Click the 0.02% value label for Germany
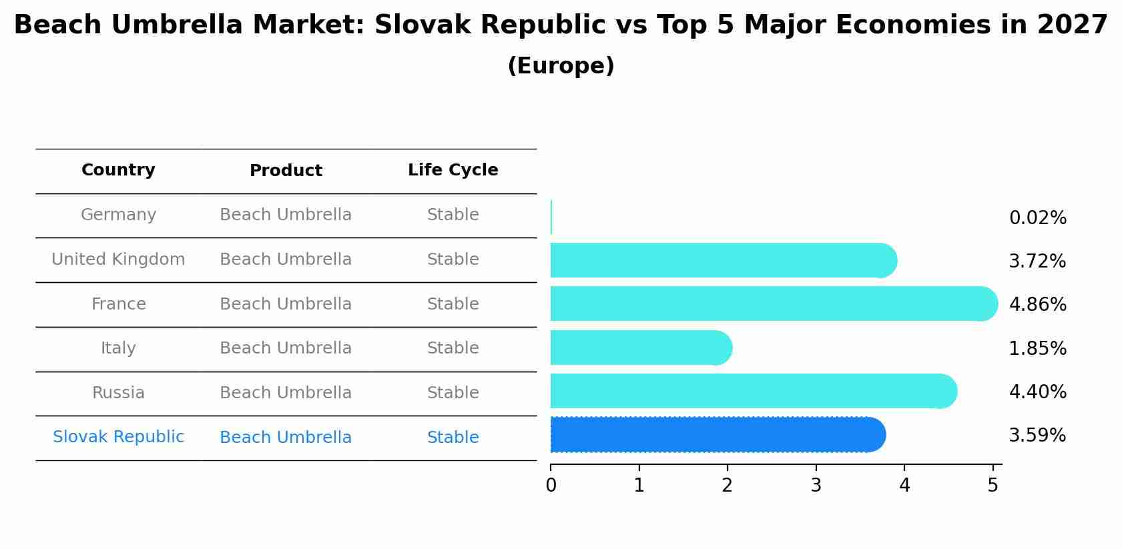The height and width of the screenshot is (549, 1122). [1037, 218]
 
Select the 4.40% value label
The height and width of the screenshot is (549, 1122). [1037, 392]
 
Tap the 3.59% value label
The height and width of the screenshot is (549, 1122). [1037, 436]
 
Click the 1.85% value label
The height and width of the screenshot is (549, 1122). [1037, 348]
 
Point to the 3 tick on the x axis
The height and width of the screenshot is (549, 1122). [816, 486]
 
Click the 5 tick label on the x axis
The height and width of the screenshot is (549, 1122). [993, 486]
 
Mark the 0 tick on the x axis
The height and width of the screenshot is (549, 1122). [551, 486]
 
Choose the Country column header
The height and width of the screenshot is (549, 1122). [118, 170]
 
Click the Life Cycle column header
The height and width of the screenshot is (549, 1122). [453, 170]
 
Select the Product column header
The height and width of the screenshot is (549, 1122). [286, 171]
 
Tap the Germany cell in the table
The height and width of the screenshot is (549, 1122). [118, 215]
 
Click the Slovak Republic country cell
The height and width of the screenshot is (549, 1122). [118, 437]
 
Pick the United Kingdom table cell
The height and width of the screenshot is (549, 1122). [118, 259]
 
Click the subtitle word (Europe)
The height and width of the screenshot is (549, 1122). [561, 66]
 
